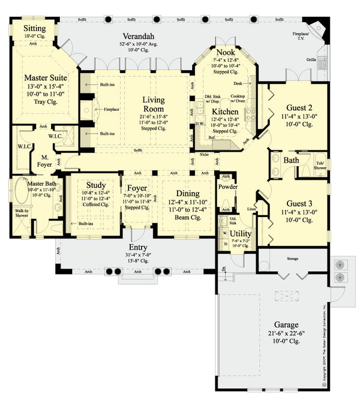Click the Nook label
tap(225, 53)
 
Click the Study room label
tap(96, 185)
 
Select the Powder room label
tap(229, 187)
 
